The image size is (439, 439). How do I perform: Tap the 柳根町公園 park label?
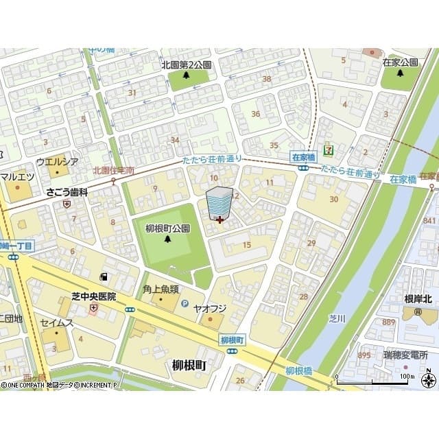point(168,228)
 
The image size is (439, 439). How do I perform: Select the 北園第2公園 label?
point(186,64)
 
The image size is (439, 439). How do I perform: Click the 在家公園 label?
point(401,62)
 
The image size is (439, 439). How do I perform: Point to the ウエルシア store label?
point(57,162)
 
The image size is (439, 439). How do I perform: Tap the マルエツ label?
point(17,176)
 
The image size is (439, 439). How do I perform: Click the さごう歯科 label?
point(67,193)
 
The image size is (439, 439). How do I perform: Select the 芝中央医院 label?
point(94,296)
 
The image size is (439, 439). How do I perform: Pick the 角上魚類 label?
point(162,289)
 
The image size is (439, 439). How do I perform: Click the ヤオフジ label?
point(209,308)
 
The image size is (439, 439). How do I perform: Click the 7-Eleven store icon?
point(331,146)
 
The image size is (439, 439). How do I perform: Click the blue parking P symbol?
point(184,302)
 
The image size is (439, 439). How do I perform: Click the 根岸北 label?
point(417,298)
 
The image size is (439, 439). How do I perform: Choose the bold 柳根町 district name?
point(185,366)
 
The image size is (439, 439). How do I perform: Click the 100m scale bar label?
point(407,376)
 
